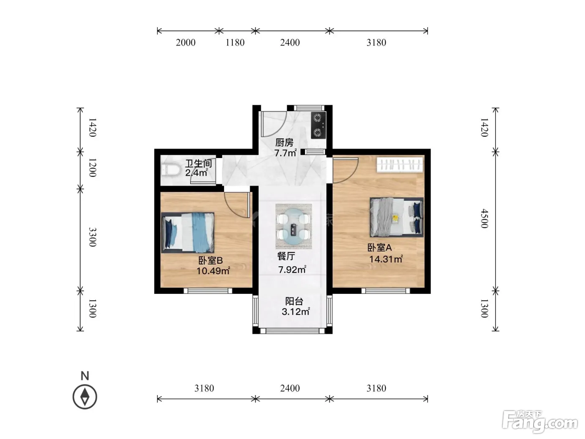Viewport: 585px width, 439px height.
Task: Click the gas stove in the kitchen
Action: point(318,125)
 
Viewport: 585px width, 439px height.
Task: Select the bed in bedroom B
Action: point(188,232)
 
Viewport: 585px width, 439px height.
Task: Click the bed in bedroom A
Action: point(396,217)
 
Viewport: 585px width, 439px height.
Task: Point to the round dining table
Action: point(293,226)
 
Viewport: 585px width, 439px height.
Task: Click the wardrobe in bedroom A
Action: point(400,164)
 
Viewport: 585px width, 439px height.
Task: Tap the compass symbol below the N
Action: point(85,397)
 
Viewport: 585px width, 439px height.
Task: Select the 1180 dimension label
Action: point(235,43)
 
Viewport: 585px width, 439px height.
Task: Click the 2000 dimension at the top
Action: point(186,43)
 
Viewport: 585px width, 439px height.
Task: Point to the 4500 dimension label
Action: point(484,219)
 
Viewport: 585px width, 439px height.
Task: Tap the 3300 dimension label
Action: point(92,237)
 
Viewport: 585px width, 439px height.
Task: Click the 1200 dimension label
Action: point(92,168)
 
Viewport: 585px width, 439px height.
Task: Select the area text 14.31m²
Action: point(386,259)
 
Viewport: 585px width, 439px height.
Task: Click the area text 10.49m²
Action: point(213,271)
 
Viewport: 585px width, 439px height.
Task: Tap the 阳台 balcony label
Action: point(294,301)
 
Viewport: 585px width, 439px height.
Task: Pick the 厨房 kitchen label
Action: point(285,143)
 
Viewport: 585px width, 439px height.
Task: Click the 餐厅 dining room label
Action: point(286,256)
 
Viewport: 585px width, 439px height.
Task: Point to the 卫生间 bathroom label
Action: point(198,163)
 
